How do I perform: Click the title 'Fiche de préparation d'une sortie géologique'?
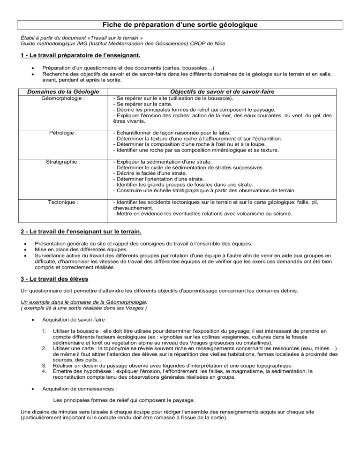pos(180,24)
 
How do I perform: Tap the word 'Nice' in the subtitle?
pos(217,44)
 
